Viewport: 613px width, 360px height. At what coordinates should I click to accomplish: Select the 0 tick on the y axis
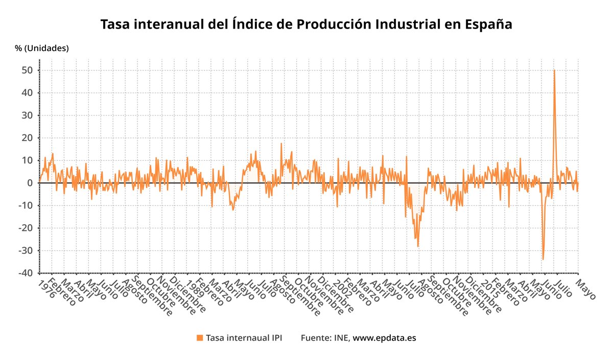tap(30, 183)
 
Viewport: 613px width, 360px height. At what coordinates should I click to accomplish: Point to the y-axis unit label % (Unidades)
tap(41, 49)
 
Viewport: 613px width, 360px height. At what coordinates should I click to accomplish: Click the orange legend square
tap(200, 338)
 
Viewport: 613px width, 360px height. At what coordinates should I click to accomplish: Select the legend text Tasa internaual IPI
tap(244, 338)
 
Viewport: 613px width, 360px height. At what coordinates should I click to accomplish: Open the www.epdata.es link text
tap(385, 338)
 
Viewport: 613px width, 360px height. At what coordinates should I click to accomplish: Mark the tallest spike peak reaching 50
tap(554, 70)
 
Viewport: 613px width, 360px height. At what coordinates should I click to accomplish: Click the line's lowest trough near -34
tap(543, 259)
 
